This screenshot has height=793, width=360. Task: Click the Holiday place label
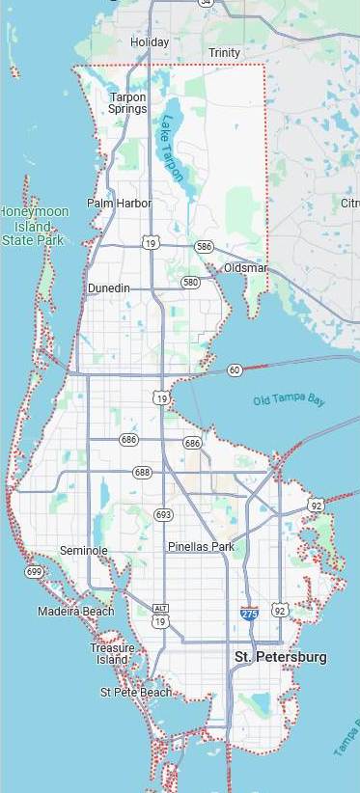coord(150,42)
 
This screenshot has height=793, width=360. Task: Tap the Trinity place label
coord(225,53)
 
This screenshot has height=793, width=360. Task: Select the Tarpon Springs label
coord(127,102)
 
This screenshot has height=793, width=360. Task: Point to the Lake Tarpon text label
coord(174,149)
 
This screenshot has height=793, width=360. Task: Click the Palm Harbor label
coord(119,204)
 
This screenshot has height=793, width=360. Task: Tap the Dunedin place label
coord(108,288)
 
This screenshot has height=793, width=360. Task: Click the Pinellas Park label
coord(201,547)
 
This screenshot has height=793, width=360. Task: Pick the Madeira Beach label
coord(75,612)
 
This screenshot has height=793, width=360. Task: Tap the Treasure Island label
coord(112,653)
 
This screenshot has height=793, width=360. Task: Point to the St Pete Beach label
coord(136,692)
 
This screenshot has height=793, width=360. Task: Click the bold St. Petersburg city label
coord(281,657)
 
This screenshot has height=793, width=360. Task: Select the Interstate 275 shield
coord(250,613)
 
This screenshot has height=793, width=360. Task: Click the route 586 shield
coord(204,247)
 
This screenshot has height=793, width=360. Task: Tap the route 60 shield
coord(235,369)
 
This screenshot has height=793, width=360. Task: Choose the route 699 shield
coord(35,572)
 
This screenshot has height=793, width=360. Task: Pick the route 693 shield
coord(163,515)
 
